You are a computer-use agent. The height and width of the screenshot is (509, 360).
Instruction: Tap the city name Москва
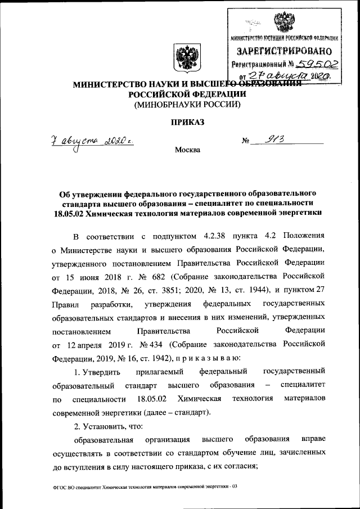[x=187, y=150]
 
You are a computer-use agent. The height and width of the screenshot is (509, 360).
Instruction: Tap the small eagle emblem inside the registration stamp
[x=280, y=23]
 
